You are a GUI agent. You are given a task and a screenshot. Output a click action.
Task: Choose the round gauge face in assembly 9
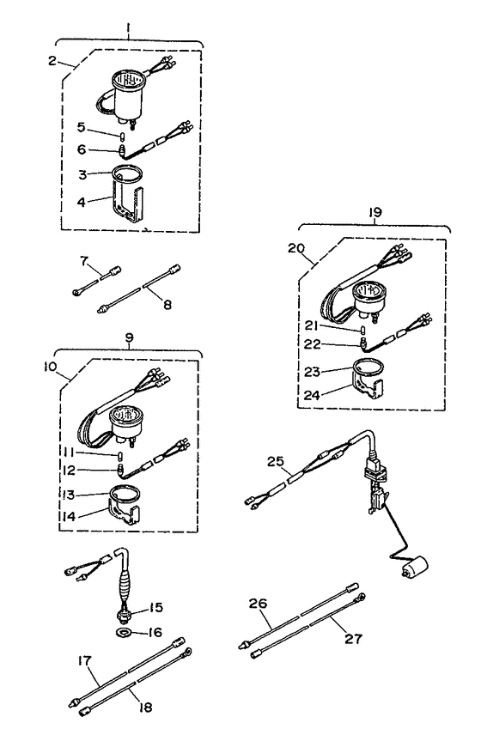pos(125,418)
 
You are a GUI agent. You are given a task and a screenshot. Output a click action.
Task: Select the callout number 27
pos(353,639)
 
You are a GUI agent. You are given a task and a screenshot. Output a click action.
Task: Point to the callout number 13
pos(68,496)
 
